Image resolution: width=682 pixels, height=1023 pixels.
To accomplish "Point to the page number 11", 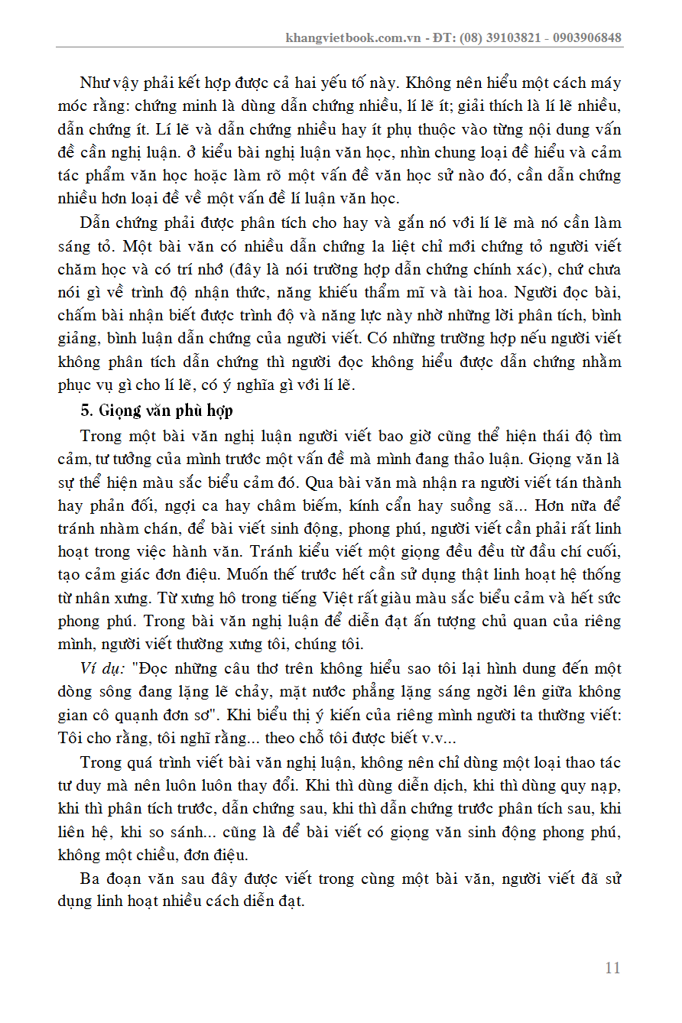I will pos(612,968).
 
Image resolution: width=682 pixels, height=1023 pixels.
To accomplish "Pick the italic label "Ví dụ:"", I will pos(103,669).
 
